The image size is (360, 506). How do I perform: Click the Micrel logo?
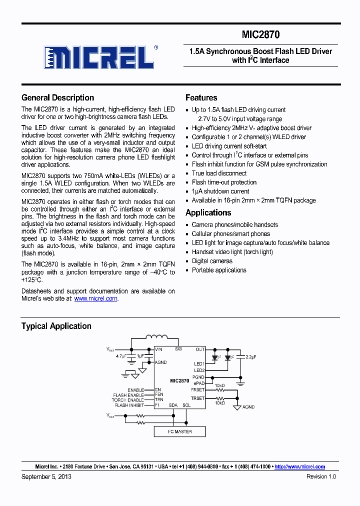(98, 57)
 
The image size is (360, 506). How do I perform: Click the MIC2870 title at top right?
(260, 34)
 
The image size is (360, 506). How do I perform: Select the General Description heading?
(57, 97)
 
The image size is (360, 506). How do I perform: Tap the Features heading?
(201, 97)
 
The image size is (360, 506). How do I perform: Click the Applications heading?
(208, 212)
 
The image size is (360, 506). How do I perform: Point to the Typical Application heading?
(56, 326)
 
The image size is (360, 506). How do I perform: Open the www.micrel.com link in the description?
(95, 298)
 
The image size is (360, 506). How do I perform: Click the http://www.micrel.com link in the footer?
(299, 466)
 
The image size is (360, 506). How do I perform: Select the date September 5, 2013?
(46, 476)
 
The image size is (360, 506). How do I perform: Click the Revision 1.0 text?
(321, 476)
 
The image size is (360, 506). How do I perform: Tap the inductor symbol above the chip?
(157, 338)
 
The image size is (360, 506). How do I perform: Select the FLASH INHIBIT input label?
(128, 405)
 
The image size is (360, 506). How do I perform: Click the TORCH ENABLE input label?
(128, 400)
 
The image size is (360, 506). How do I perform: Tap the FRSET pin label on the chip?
(198, 389)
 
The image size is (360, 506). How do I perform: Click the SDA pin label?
(173, 405)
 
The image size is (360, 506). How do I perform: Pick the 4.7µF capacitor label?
(121, 357)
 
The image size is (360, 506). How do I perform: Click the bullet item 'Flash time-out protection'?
(224, 182)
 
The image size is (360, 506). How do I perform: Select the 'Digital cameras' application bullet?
(212, 261)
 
